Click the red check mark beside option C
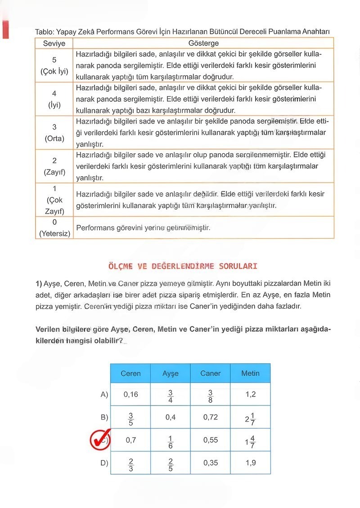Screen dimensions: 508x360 (100, 440)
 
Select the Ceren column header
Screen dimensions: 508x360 (130, 374)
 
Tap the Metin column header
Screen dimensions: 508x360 (250, 374)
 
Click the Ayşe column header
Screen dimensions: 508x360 (171, 374)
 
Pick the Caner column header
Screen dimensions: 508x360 (210, 374)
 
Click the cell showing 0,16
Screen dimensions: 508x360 (130, 394)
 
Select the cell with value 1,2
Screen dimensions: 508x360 (250, 394)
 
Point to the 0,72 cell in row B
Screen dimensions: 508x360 (210, 417)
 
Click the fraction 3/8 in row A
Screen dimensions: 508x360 (210, 395)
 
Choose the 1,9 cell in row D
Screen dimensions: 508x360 (250, 463)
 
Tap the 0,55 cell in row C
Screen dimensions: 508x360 (210, 440)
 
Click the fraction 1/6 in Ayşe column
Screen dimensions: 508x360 (171, 441)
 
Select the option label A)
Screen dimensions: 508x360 (104, 394)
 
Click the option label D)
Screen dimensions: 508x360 (104, 463)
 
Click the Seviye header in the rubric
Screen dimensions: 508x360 (54, 44)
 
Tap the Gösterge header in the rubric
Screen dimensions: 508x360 (203, 44)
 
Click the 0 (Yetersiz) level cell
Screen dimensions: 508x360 (54, 228)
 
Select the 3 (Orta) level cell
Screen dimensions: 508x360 (54, 133)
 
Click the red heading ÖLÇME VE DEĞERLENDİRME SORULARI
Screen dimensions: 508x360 (183, 266)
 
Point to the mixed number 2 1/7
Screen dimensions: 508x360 (250, 418)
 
